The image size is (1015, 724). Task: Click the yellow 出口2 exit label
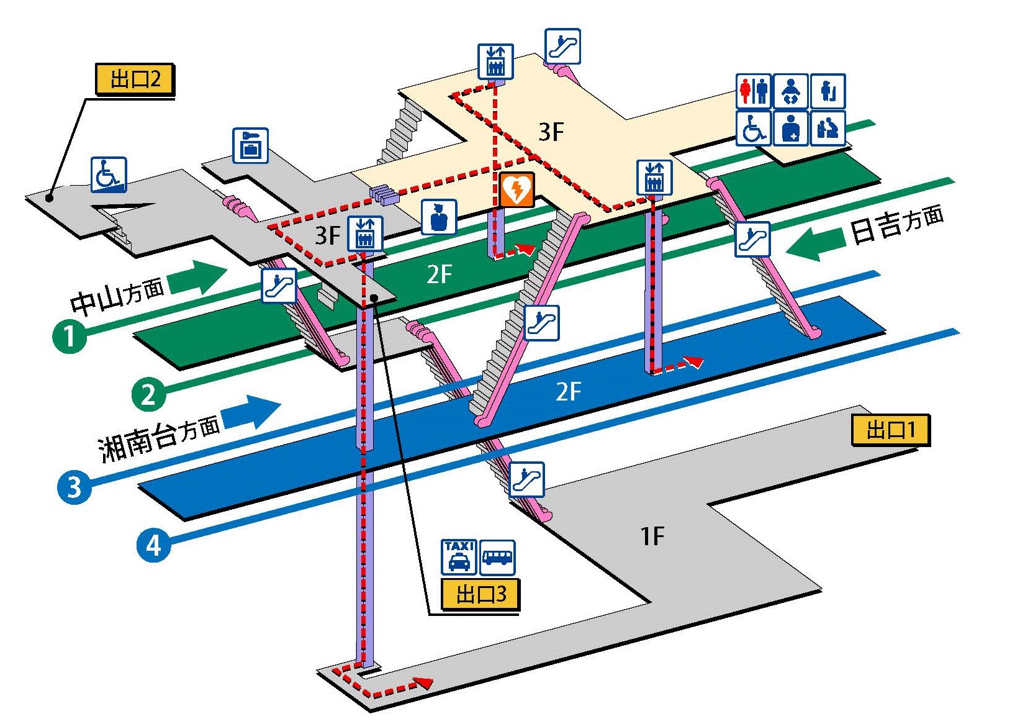pyautogui.click(x=134, y=79)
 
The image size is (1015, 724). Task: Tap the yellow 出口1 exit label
pyautogui.click(x=890, y=430)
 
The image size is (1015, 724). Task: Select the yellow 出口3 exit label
pyautogui.click(x=480, y=594)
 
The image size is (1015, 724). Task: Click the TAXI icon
pyautogui.click(x=459, y=557)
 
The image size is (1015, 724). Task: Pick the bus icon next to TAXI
pyautogui.click(x=497, y=557)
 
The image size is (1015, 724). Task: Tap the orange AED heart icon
pyautogui.click(x=517, y=189)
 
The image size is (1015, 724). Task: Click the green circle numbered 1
pyautogui.click(x=70, y=336)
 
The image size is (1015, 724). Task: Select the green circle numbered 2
pyautogui.click(x=148, y=394)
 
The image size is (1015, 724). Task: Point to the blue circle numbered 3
pyautogui.click(x=74, y=486)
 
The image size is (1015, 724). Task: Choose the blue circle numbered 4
pyautogui.click(x=153, y=545)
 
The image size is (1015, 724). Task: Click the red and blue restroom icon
pyautogui.click(x=754, y=91)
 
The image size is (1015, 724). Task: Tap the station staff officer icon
pyautogui.click(x=439, y=217)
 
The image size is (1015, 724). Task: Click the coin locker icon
pyautogui.click(x=250, y=146)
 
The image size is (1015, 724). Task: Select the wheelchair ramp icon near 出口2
pyautogui.click(x=109, y=174)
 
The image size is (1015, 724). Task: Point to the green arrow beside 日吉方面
pyautogui.click(x=814, y=244)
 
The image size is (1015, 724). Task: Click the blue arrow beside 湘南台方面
pyautogui.click(x=251, y=413)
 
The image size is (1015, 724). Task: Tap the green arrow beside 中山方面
pyautogui.click(x=197, y=278)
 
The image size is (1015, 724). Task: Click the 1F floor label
pyautogui.click(x=652, y=535)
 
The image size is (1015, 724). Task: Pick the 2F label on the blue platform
pyautogui.click(x=568, y=392)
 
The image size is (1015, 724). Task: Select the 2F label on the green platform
pyautogui.click(x=439, y=274)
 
